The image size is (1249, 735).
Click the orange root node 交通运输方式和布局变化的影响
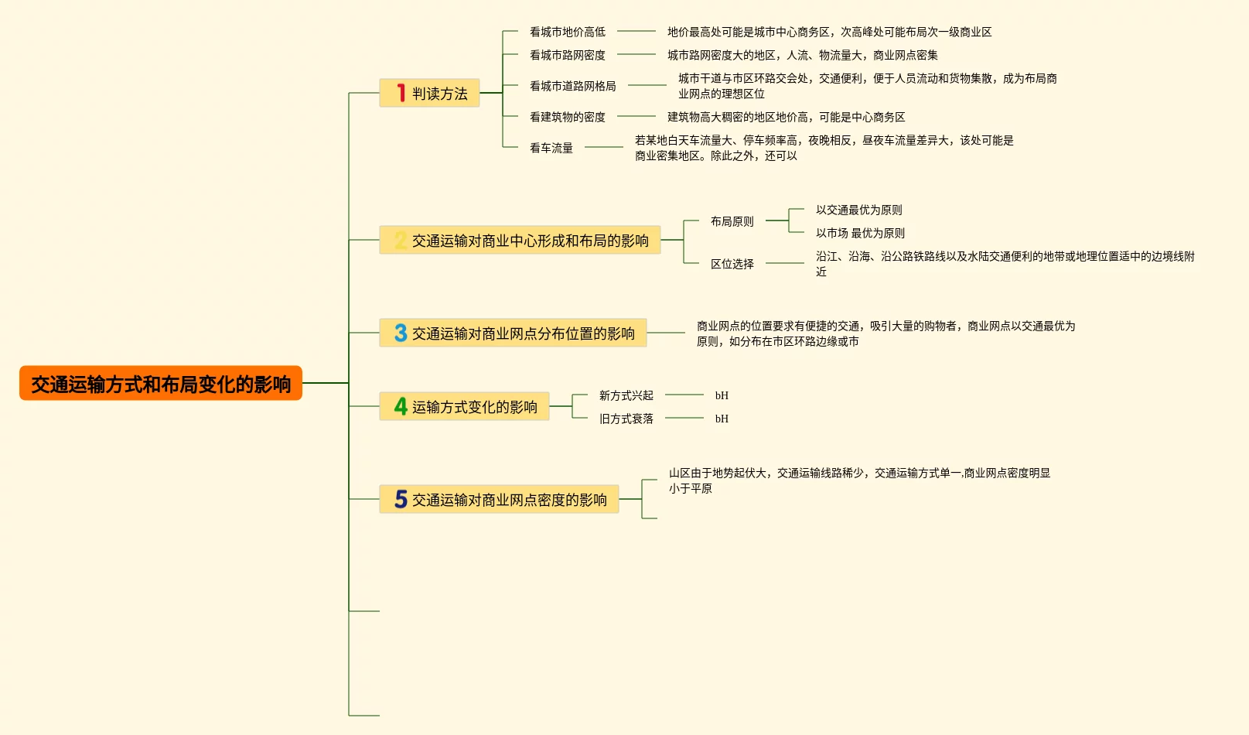point(161,384)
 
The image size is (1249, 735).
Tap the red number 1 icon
point(401,93)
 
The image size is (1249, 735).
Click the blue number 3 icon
point(401,333)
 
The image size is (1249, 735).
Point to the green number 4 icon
point(401,406)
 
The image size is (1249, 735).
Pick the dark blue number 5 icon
point(401,499)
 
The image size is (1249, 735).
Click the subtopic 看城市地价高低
point(568,32)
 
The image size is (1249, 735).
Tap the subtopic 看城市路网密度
point(568,55)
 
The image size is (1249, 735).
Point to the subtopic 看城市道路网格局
point(573,86)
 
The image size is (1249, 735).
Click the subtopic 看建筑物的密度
point(568,117)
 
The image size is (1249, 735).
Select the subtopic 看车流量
point(551,148)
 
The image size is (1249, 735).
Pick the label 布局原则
point(732,221)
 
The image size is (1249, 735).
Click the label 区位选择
point(732,264)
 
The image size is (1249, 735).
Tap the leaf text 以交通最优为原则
point(859,210)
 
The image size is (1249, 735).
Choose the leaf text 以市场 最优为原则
point(860,233)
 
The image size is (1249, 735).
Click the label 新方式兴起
point(626,395)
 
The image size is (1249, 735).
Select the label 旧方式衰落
point(626,419)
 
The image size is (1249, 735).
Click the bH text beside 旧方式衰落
point(722,419)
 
